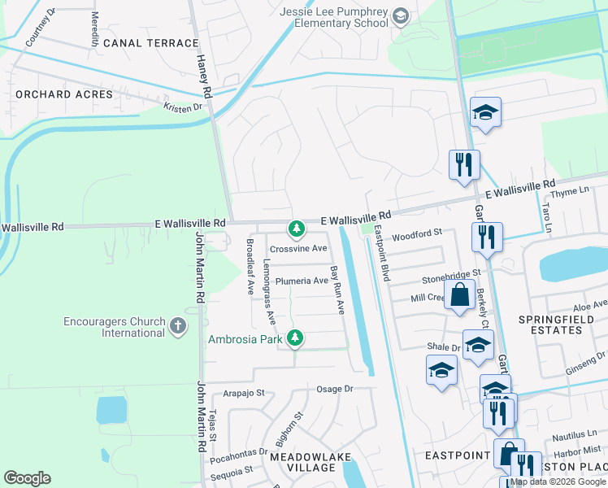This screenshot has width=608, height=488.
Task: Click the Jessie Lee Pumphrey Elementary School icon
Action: pos(400,15)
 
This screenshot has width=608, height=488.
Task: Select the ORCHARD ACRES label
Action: pos(64,94)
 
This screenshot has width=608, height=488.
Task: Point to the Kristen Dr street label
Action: pos(182,107)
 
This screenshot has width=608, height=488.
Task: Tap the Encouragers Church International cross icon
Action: pos(179,327)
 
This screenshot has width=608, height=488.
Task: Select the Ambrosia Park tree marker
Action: pos(297,338)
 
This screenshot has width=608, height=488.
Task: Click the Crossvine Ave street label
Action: pos(297,249)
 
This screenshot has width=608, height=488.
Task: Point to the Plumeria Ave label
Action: pos(301,281)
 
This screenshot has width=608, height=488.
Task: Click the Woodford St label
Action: pos(415,236)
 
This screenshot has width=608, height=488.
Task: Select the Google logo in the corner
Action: pos(27,477)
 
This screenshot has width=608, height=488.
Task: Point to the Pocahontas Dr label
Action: pos(238,451)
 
